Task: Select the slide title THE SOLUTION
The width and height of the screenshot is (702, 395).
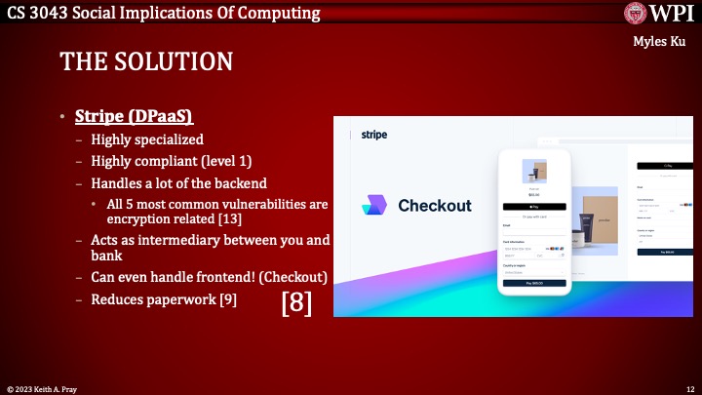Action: point(146,62)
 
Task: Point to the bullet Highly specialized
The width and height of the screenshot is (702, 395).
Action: point(147,139)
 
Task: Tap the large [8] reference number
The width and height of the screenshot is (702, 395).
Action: point(296,302)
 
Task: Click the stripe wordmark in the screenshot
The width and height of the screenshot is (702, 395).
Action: point(374,135)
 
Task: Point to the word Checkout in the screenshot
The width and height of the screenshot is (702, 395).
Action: point(434,205)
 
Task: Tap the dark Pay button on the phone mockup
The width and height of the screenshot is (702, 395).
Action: point(533,283)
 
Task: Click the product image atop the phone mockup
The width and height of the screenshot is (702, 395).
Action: point(533,172)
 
